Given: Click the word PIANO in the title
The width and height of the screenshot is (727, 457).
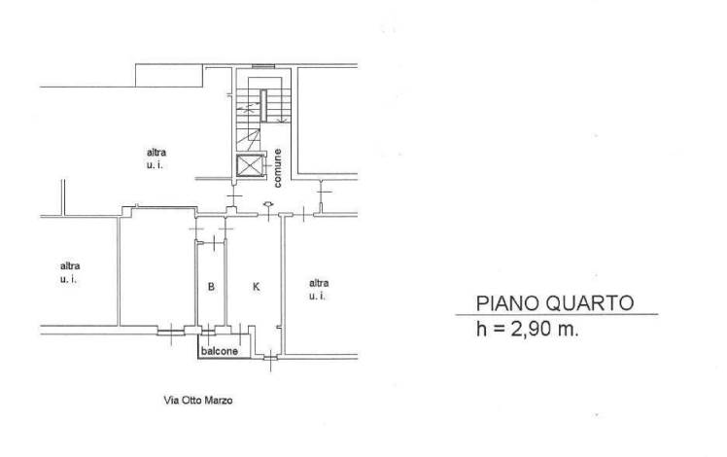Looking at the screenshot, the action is click(x=507, y=303).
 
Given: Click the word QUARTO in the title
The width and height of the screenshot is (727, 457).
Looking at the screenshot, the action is click(x=589, y=303).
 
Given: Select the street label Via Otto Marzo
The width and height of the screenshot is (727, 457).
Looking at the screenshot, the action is click(x=198, y=400).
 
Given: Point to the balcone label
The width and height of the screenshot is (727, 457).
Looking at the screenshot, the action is click(x=220, y=351).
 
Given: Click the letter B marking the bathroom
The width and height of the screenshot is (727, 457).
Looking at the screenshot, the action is click(x=211, y=287).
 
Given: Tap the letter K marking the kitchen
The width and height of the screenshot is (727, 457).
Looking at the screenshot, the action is click(x=256, y=287).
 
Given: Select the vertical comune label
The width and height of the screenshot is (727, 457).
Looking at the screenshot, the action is click(x=277, y=168).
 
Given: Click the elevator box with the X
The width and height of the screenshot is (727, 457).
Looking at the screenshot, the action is click(x=250, y=165).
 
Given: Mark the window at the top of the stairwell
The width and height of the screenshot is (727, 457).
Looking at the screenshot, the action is click(x=263, y=66).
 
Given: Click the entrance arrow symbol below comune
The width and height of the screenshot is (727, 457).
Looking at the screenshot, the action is click(x=268, y=204).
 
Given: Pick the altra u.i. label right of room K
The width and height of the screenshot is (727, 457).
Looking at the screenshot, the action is click(x=319, y=289).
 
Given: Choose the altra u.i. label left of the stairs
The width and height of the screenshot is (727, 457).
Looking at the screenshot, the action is click(x=156, y=158).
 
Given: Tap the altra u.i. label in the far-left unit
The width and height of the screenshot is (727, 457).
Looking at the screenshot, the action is click(x=70, y=272).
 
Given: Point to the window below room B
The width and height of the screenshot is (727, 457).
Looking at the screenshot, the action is click(x=209, y=331).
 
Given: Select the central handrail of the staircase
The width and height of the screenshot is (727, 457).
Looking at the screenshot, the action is click(x=263, y=106).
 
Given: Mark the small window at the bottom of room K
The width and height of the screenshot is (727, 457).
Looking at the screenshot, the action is click(x=271, y=357).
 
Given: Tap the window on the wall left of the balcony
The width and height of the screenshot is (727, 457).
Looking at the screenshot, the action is click(x=171, y=332).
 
